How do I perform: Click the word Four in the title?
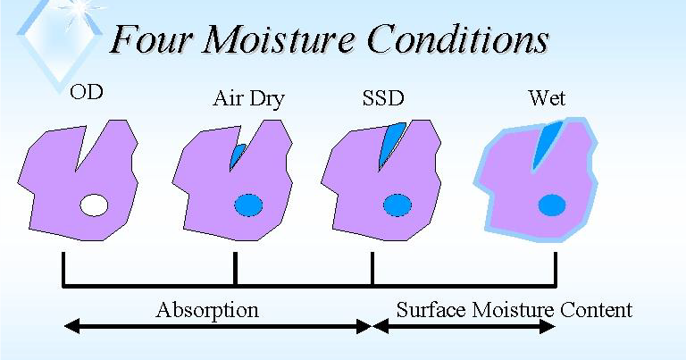(x=154, y=39)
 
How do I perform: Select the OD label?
(x=87, y=92)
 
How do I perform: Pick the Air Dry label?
(x=248, y=98)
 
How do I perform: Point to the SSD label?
(x=382, y=97)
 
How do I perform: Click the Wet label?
(x=547, y=97)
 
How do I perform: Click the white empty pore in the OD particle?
(x=94, y=205)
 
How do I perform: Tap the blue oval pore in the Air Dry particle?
(x=248, y=205)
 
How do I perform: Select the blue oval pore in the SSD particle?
(x=397, y=205)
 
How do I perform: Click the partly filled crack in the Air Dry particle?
(x=237, y=156)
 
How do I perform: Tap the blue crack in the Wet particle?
(x=546, y=143)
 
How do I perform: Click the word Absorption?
(x=206, y=310)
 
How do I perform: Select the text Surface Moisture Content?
(x=514, y=310)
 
